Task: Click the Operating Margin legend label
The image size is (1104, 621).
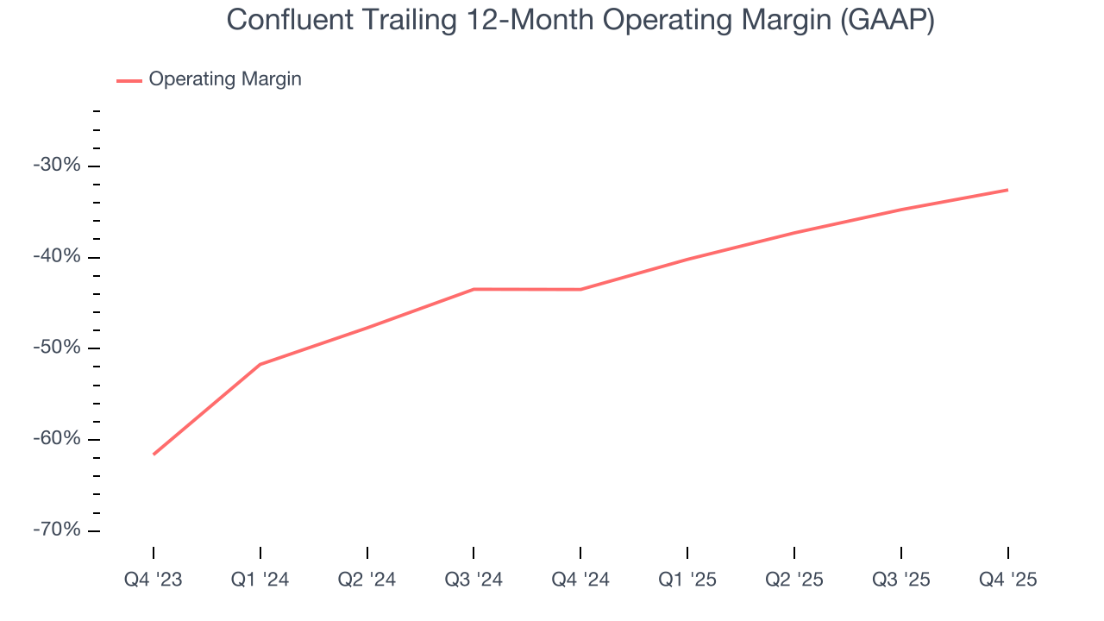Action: pyautogui.click(x=225, y=79)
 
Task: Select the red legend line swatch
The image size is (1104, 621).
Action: pyautogui.click(x=129, y=80)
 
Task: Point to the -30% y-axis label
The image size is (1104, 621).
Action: pyautogui.click(x=56, y=165)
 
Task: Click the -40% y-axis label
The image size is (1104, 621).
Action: pyautogui.click(x=56, y=256)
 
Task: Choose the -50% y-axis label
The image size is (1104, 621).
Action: pyautogui.click(x=56, y=347)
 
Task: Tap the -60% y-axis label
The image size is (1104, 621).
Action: pyautogui.click(x=56, y=438)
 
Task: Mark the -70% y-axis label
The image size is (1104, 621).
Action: pyautogui.click(x=56, y=529)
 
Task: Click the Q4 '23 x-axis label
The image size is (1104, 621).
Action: pyautogui.click(x=154, y=580)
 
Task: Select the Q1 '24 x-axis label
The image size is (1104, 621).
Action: pyautogui.click(x=260, y=580)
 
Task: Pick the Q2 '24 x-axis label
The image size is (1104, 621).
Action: pyautogui.click(x=367, y=580)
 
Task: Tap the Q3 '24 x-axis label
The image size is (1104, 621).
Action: pyautogui.click(x=474, y=580)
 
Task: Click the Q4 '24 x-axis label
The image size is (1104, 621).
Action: pyautogui.click(x=580, y=580)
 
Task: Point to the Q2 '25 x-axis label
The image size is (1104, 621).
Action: pyautogui.click(x=794, y=580)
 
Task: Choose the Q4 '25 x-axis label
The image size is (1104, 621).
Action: pyautogui.click(x=1007, y=580)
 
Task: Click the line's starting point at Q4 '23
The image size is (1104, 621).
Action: pyautogui.click(x=154, y=454)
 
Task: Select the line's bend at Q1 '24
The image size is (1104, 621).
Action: pyautogui.click(x=260, y=364)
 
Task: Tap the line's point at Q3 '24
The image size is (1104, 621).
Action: pyautogui.click(x=474, y=289)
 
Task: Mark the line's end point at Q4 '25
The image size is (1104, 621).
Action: pyautogui.click(x=1007, y=190)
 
